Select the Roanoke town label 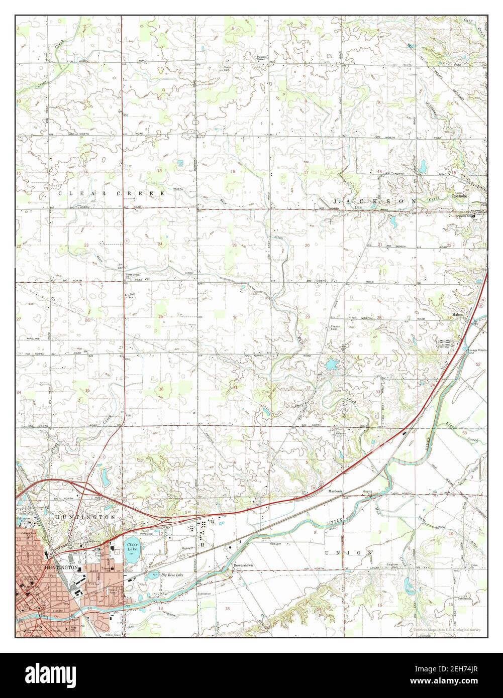(x=460, y=196)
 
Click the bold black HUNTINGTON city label (x=61, y=567)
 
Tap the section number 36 (x=161, y=389)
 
